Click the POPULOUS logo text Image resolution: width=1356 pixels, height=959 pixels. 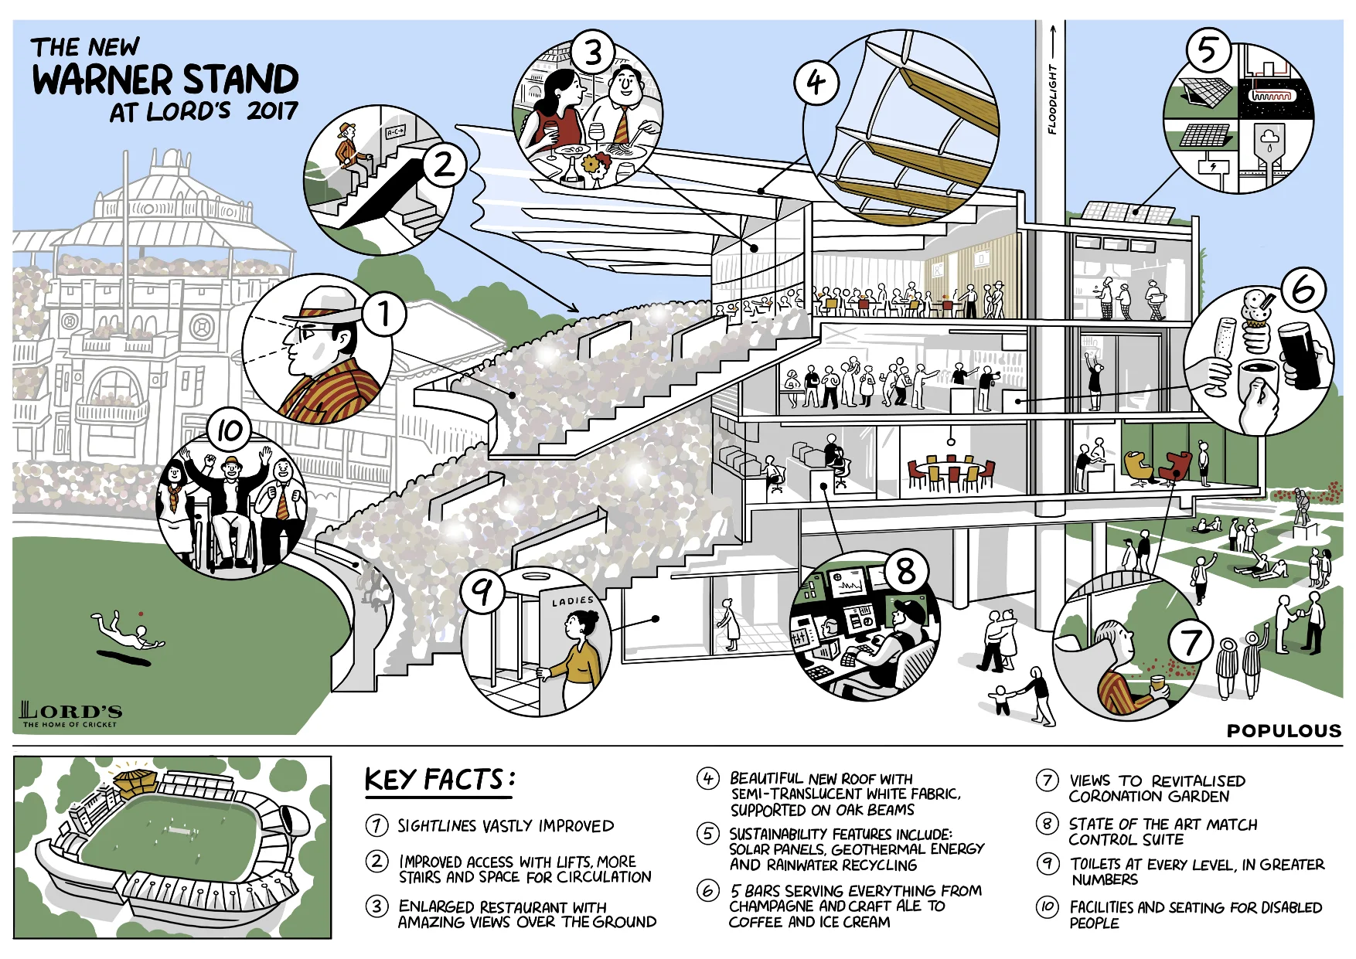[1283, 730]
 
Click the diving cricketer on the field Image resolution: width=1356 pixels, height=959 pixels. [128, 630]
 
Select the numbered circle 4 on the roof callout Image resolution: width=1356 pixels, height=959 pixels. [816, 82]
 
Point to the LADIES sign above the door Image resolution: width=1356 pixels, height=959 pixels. [573, 600]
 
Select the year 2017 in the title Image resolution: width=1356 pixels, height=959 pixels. [272, 111]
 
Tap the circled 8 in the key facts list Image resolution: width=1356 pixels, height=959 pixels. [1047, 824]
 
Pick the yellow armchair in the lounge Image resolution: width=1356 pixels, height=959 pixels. [1137, 468]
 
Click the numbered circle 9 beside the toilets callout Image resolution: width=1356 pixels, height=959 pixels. [483, 592]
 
